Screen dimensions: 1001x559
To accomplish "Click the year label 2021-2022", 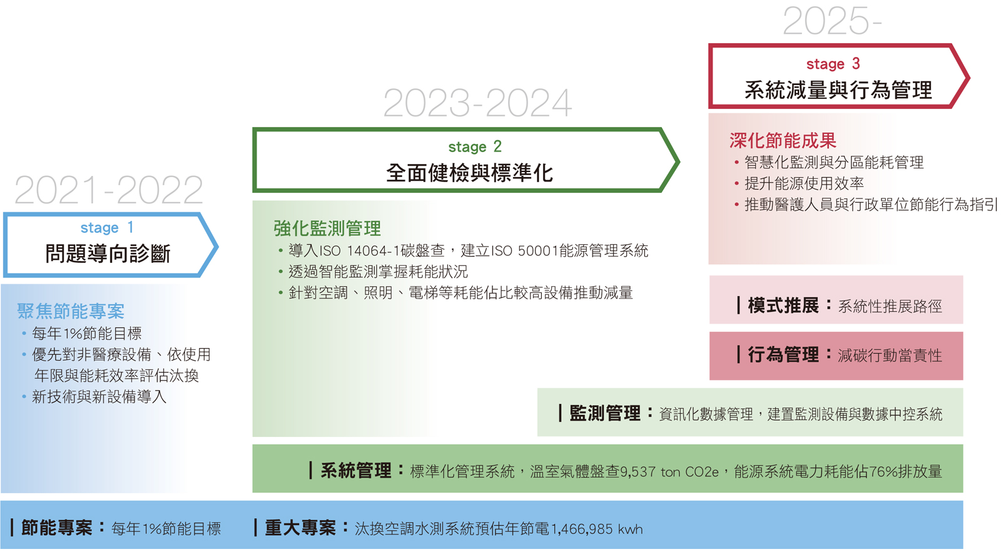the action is point(109,190).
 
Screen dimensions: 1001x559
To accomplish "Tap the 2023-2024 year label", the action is point(477,103).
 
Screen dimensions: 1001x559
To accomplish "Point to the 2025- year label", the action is point(832,21).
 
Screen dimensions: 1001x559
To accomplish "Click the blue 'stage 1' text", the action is point(107,228).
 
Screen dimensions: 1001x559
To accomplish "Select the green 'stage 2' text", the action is point(475,146).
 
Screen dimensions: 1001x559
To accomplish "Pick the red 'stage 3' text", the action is point(833,64).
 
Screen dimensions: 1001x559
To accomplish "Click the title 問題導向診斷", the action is point(108,254).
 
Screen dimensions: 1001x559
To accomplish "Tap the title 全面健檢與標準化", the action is point(470,173).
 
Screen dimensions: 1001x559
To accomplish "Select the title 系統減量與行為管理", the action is point(838,90).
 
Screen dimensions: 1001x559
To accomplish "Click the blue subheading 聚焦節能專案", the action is point(71,311).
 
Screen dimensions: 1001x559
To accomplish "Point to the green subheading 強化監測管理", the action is point(327,228).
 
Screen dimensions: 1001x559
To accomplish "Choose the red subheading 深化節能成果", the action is point(783,140).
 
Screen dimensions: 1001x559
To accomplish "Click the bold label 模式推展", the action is point(783,306).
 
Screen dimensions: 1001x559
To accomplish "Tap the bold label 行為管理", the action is point(783,355).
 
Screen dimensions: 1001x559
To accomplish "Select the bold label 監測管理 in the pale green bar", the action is point(605,414).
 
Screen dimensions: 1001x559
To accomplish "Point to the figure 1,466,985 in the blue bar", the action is point(582,530).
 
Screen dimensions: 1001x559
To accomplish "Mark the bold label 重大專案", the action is point(300,528).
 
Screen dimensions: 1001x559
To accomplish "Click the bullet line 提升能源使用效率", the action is point(804,183).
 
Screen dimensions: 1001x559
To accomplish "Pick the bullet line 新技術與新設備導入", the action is point(99,397).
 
